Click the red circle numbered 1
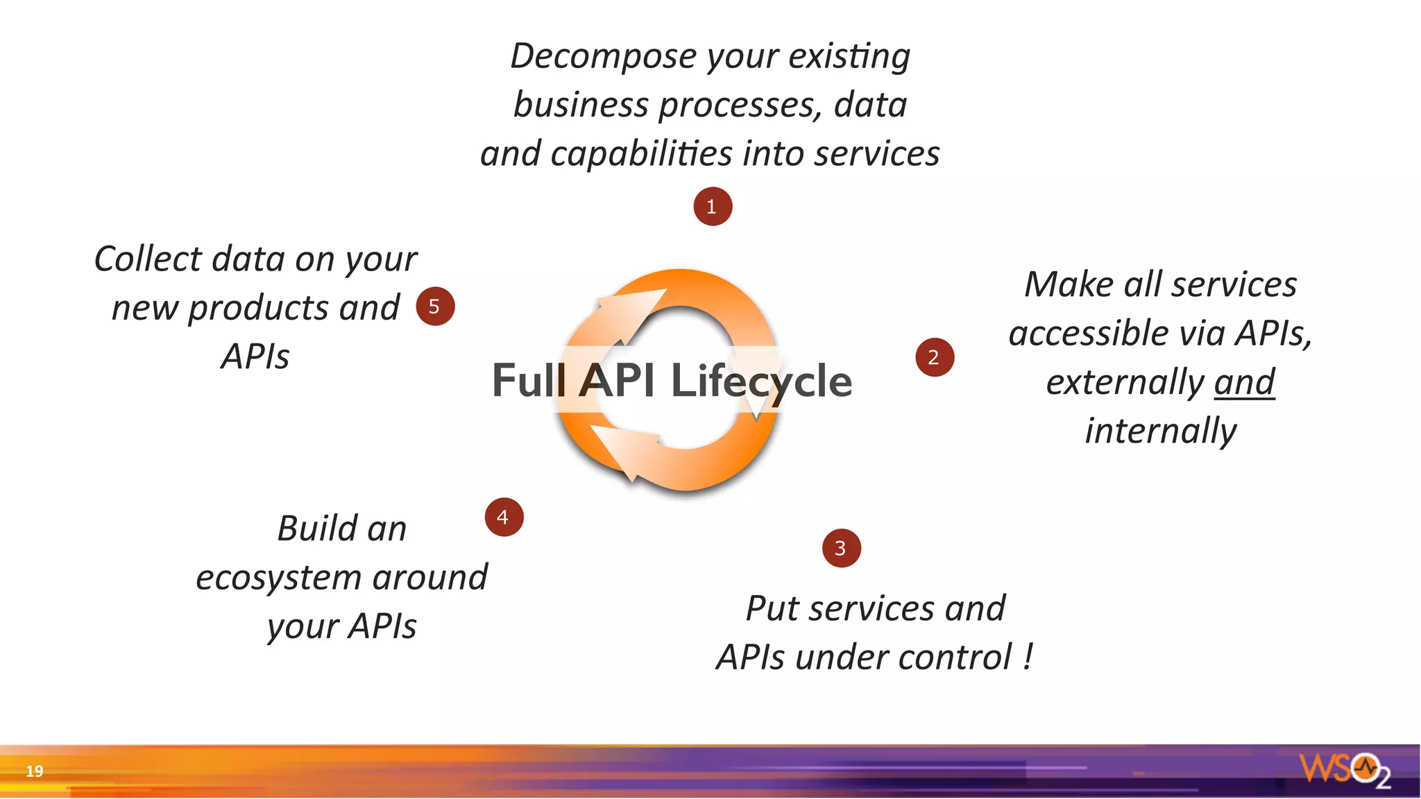pyautogui.click(x=713, y=206)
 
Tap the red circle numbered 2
pyautogui.click(x=935, y=357)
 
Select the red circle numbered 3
pyautogui.click(x=841, y=548)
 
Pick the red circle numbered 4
pyautogui.click(x=504, y=517)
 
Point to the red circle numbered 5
pyautogui.click(x=435, y=306)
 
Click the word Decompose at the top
pyautogui.click(x=603, y=55)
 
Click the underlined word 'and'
pyautogui.click(x=1244, y=382)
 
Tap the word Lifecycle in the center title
pyautogui.click(x=760, y=381)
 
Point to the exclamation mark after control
pyautogui.click(x=1028, y=656)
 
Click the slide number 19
pyautogui.click(x=34, y=771)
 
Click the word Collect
pyautogui.click(x=147, y=259)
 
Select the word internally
pyautogui.click(x=1161, y=431)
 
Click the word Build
pyautogui.click(x=316, y=529)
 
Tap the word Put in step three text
pyautogui.click(x=772, y=609)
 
